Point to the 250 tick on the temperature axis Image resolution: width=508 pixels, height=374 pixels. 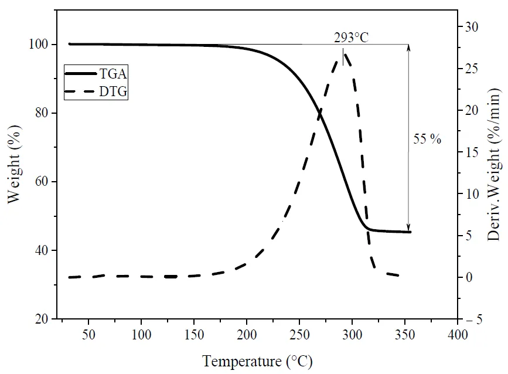pos(299,335)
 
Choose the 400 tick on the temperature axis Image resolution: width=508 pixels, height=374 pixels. pos(457,335)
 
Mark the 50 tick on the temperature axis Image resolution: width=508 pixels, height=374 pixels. pos(88,335)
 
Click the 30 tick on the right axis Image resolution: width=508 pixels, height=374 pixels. pos(472,28)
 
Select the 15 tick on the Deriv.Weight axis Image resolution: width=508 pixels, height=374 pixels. pos(472,152)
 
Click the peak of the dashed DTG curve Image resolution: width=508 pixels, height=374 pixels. pos(345,52)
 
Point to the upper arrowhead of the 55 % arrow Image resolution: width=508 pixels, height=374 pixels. pos(408,47)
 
